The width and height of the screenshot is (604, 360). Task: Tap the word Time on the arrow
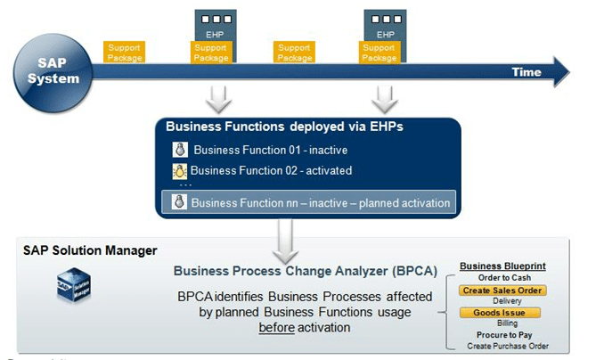coord(526,72)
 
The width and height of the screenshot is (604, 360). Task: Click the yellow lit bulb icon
coord(180,170)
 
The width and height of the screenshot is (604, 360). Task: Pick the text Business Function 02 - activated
coord(271,170)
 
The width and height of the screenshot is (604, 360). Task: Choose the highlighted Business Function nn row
coord(308,202)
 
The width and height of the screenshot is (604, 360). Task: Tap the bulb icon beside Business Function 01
coord(180,150)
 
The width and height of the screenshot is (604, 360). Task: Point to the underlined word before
coord(276,327)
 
